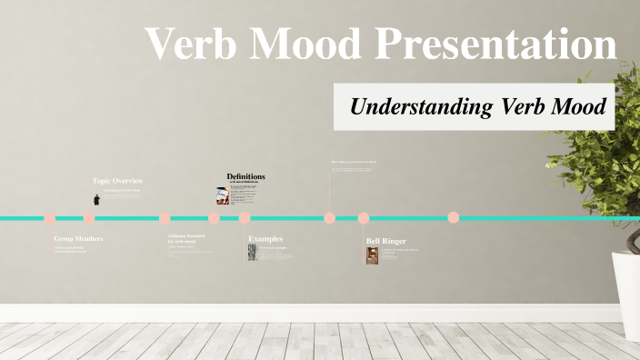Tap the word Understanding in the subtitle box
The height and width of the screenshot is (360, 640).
[422, 106]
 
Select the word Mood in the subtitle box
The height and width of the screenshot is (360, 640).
[579, 106]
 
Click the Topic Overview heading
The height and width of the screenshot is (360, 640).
[118, 180]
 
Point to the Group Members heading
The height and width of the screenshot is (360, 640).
[78, 238]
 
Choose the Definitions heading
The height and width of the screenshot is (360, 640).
[246, 175]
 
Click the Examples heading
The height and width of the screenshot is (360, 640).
[265, 238]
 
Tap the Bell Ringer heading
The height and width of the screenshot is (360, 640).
[386, 241]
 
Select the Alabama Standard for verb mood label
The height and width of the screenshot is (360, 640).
[186, 239]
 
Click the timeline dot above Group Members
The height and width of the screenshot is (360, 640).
[50, 218]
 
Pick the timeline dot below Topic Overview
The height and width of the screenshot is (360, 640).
[89, 218]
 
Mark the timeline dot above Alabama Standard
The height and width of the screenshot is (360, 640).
[165, 218]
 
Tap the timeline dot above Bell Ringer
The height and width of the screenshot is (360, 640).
[364, 218]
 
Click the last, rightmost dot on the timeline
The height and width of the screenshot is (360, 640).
[453, 218]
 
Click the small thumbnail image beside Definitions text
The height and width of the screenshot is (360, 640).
[222, 195]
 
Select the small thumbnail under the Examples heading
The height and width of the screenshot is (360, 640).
[253, 252]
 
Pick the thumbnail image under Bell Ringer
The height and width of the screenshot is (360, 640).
[372, 255]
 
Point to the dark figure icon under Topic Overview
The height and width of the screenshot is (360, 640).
[96, 199]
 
